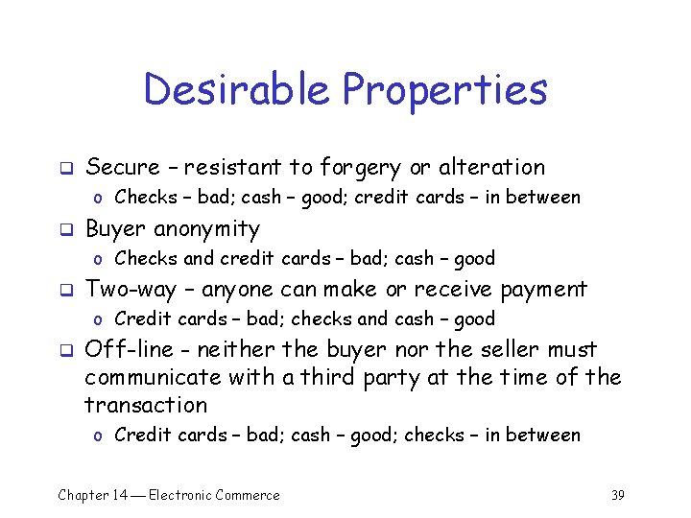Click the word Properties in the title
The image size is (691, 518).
pos(444,91)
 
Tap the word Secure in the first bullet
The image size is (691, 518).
pos(123,167)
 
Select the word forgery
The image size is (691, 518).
pos(360,168)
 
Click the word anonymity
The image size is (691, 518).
pos(206,229)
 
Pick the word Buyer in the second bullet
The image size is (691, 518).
pos(116,228)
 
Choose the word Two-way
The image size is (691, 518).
pos(127,290)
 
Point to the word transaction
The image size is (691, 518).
pos(146,405)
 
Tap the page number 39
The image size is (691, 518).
pos(617,495)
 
